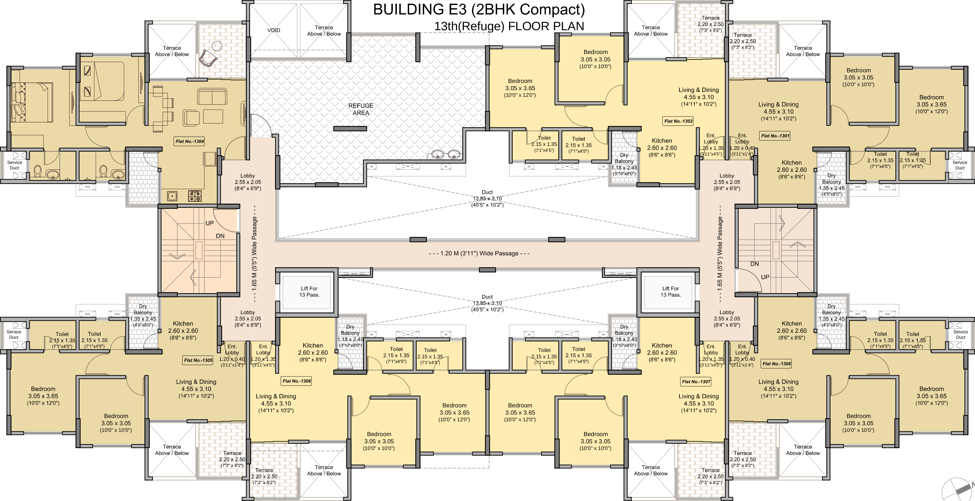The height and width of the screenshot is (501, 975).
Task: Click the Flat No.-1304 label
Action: coord(190,141)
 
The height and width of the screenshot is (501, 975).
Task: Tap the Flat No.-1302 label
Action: coord(678,121)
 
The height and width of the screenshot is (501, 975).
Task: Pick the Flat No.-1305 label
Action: coord(198,360)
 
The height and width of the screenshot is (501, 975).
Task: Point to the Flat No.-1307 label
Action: coord(696,382)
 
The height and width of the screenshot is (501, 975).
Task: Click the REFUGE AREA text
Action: coord(361,109)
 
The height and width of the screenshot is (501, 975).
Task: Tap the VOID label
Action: coord(274,30)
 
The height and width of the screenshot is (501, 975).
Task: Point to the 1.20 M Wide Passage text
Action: coord(479,253)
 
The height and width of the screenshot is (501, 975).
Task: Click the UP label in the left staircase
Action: coord(210,223)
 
